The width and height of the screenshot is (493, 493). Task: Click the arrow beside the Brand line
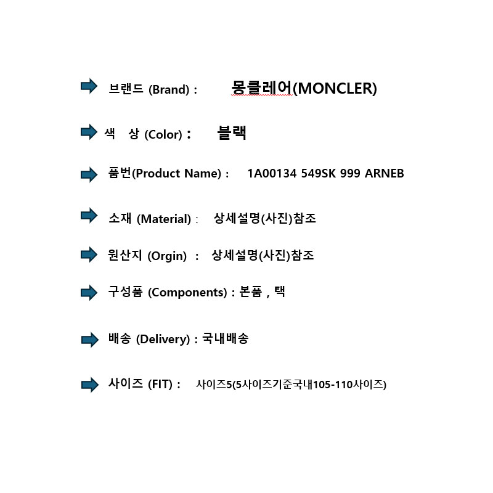pos(89,86)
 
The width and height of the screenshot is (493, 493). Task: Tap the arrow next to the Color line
pos(89,132)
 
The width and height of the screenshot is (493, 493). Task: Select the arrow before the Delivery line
pos(89,340)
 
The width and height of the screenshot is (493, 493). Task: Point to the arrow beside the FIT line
pos(89,385)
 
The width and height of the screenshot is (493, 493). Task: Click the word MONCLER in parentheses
pos(335,88)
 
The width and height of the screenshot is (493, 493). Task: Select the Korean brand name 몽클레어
pos(261,87)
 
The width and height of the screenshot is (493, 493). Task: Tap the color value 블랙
pos(232,132)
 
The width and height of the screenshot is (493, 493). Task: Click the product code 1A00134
pos(272,173)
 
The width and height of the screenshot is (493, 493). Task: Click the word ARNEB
pos(384,173)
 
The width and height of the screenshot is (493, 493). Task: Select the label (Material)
pos(164,219)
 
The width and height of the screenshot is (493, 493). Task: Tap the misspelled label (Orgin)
pos(167,256)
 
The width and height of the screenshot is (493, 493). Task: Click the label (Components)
pos(187,292)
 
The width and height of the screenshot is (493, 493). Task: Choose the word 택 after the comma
pos(280,291)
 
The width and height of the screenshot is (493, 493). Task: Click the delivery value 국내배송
pos(225,338)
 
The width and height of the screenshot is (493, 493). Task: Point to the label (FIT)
pos(160,384)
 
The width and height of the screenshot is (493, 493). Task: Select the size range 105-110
pos(333,385)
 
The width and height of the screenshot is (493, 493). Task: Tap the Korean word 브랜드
pos(126,89)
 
